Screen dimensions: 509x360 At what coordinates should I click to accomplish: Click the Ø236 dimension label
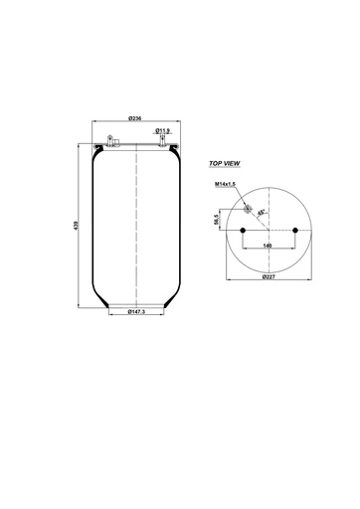[135, 118]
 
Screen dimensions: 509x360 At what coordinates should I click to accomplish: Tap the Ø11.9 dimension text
[163, 129]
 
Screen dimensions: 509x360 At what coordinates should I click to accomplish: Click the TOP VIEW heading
[225, 162]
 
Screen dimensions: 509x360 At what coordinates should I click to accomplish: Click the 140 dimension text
[268, 245]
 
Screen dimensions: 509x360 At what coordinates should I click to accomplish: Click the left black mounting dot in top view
[240, 231]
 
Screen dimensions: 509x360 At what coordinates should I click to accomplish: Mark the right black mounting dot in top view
[295, 231]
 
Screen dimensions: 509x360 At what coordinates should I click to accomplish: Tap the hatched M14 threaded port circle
[248, 208]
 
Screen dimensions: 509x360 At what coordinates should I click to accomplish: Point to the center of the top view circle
[268, 231]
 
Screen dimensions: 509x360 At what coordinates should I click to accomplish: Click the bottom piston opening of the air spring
[135, 304]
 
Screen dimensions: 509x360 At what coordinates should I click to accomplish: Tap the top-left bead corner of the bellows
[95, 149]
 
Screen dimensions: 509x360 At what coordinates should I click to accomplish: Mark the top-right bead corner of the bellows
[176, 149]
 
